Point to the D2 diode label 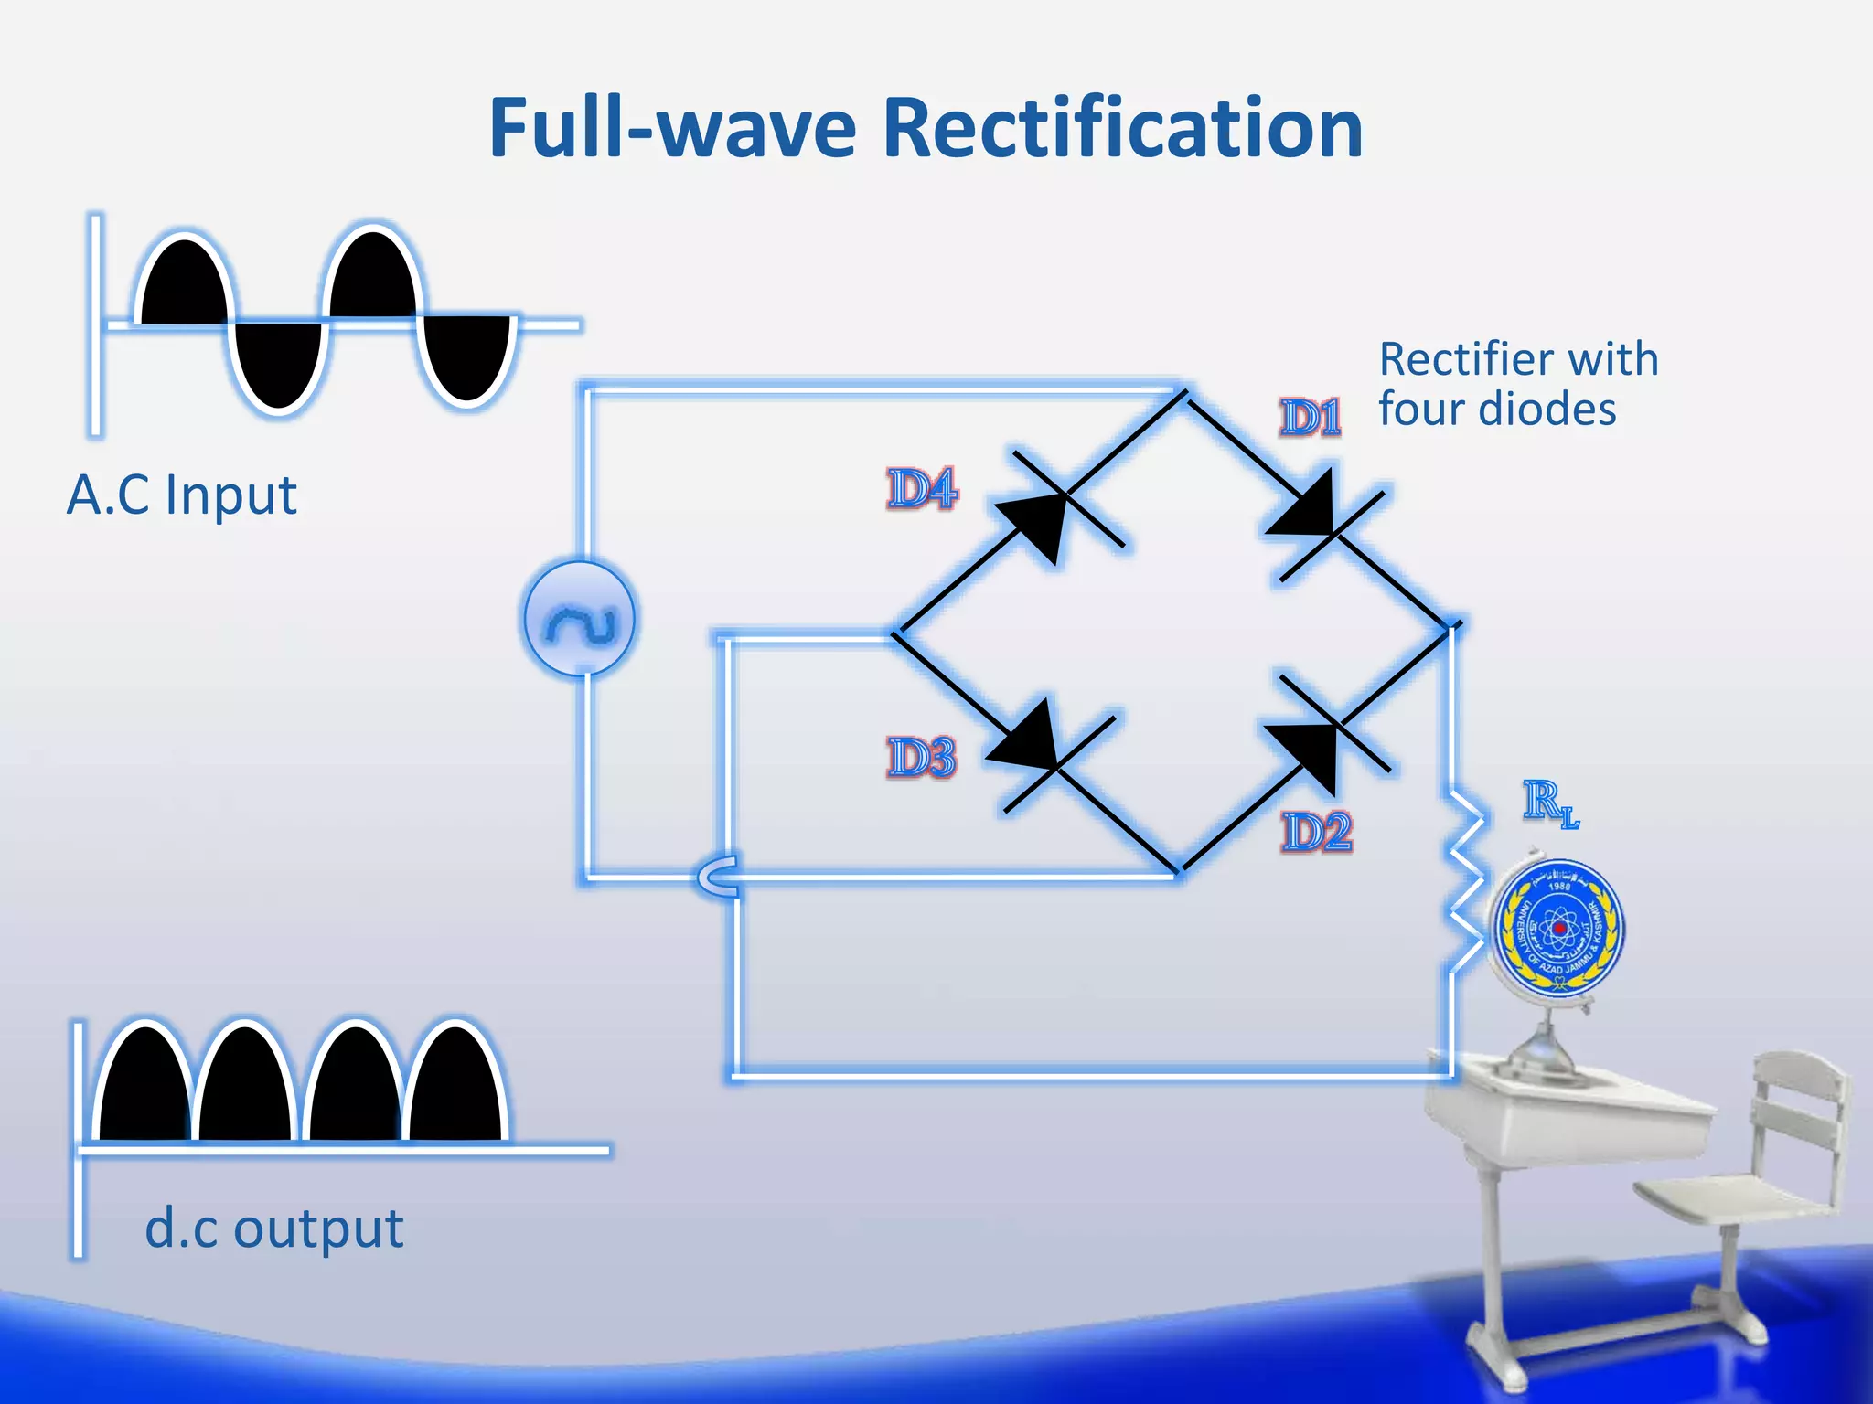point(1316,833)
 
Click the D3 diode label point(921,758)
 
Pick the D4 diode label point(922,488)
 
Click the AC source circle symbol point(580,619)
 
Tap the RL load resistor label point(1550,803)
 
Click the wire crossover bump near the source point(719,877)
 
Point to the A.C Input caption point(182,495)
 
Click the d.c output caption point(273,1228)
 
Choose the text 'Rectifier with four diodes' point(1518,384)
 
